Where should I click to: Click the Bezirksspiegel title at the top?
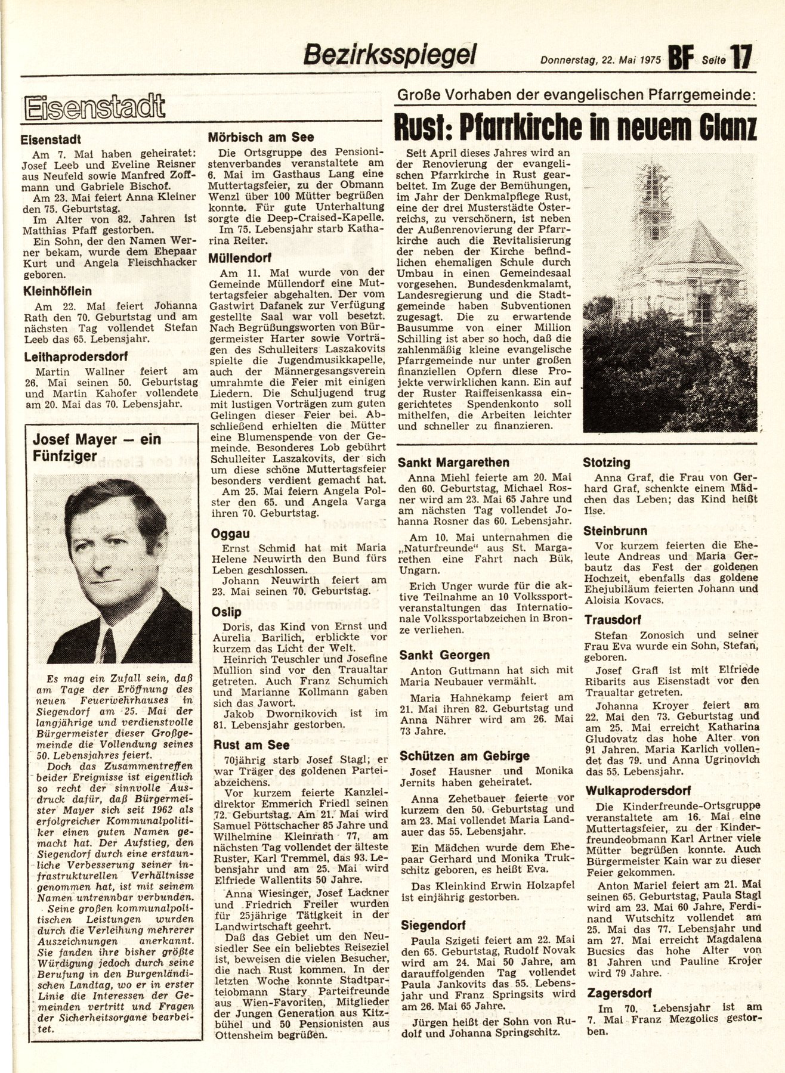390,55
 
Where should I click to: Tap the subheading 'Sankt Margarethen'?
453,462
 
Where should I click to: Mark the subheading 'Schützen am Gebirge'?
464,756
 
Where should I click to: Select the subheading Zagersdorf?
619,994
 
